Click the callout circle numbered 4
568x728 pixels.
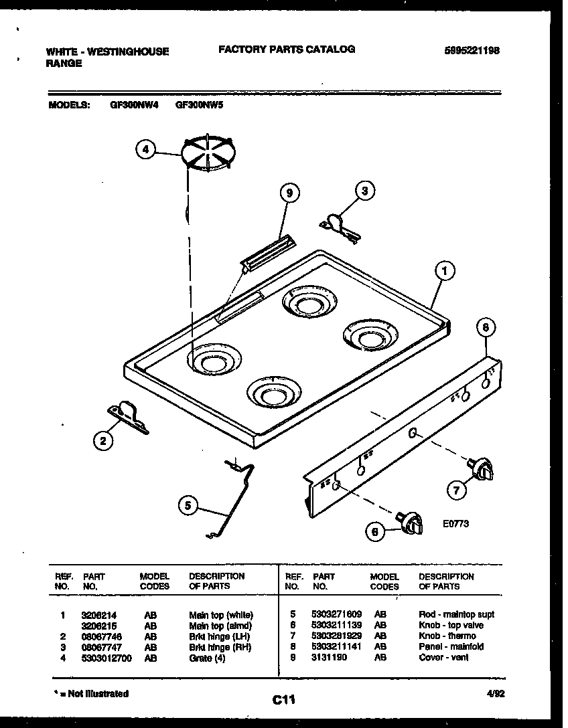click(145, 150)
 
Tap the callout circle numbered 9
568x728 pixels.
click(289, 193)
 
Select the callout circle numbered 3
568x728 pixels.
click(364, 191)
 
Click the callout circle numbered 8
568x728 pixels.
click(486, 328)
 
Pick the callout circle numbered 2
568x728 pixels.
click(102, 440)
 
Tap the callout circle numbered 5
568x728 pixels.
click(188, 507)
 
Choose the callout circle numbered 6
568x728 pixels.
click(376, 531)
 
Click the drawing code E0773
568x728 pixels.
click(455, 524)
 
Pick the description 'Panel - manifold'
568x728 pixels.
click(451, 646)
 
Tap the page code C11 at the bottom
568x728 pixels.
click(284, 700)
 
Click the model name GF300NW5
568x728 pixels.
click(199, 104)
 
